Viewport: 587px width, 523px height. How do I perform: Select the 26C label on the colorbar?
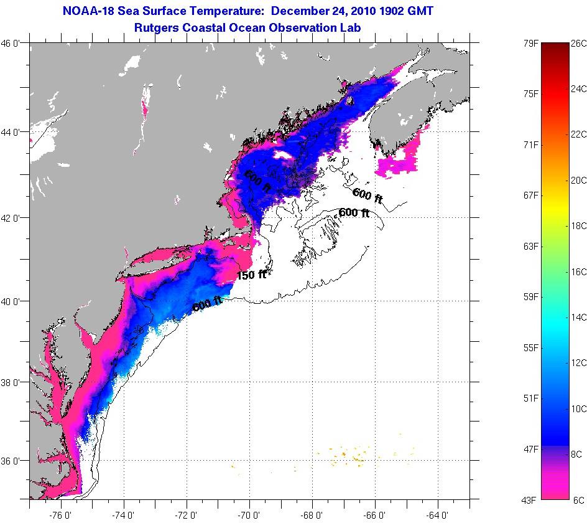[x=578, y=43]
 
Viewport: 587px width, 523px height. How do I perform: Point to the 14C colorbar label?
[x=578, y=317]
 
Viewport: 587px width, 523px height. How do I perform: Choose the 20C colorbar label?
[x=578, y=180]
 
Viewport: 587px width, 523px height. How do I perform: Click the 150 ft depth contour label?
[x=252, y=275]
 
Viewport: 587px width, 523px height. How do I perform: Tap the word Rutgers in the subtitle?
[x=155, y=27]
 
